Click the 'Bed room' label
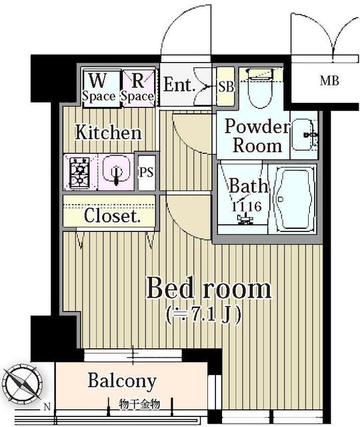(209, 289)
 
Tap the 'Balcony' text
(122, 381)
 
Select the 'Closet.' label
(111, 216)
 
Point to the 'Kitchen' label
(108, 132)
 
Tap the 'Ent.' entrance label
(179, 85)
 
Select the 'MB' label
(328, 81)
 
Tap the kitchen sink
(117, 172)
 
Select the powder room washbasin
(307, 135)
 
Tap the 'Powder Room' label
(256, 135)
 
